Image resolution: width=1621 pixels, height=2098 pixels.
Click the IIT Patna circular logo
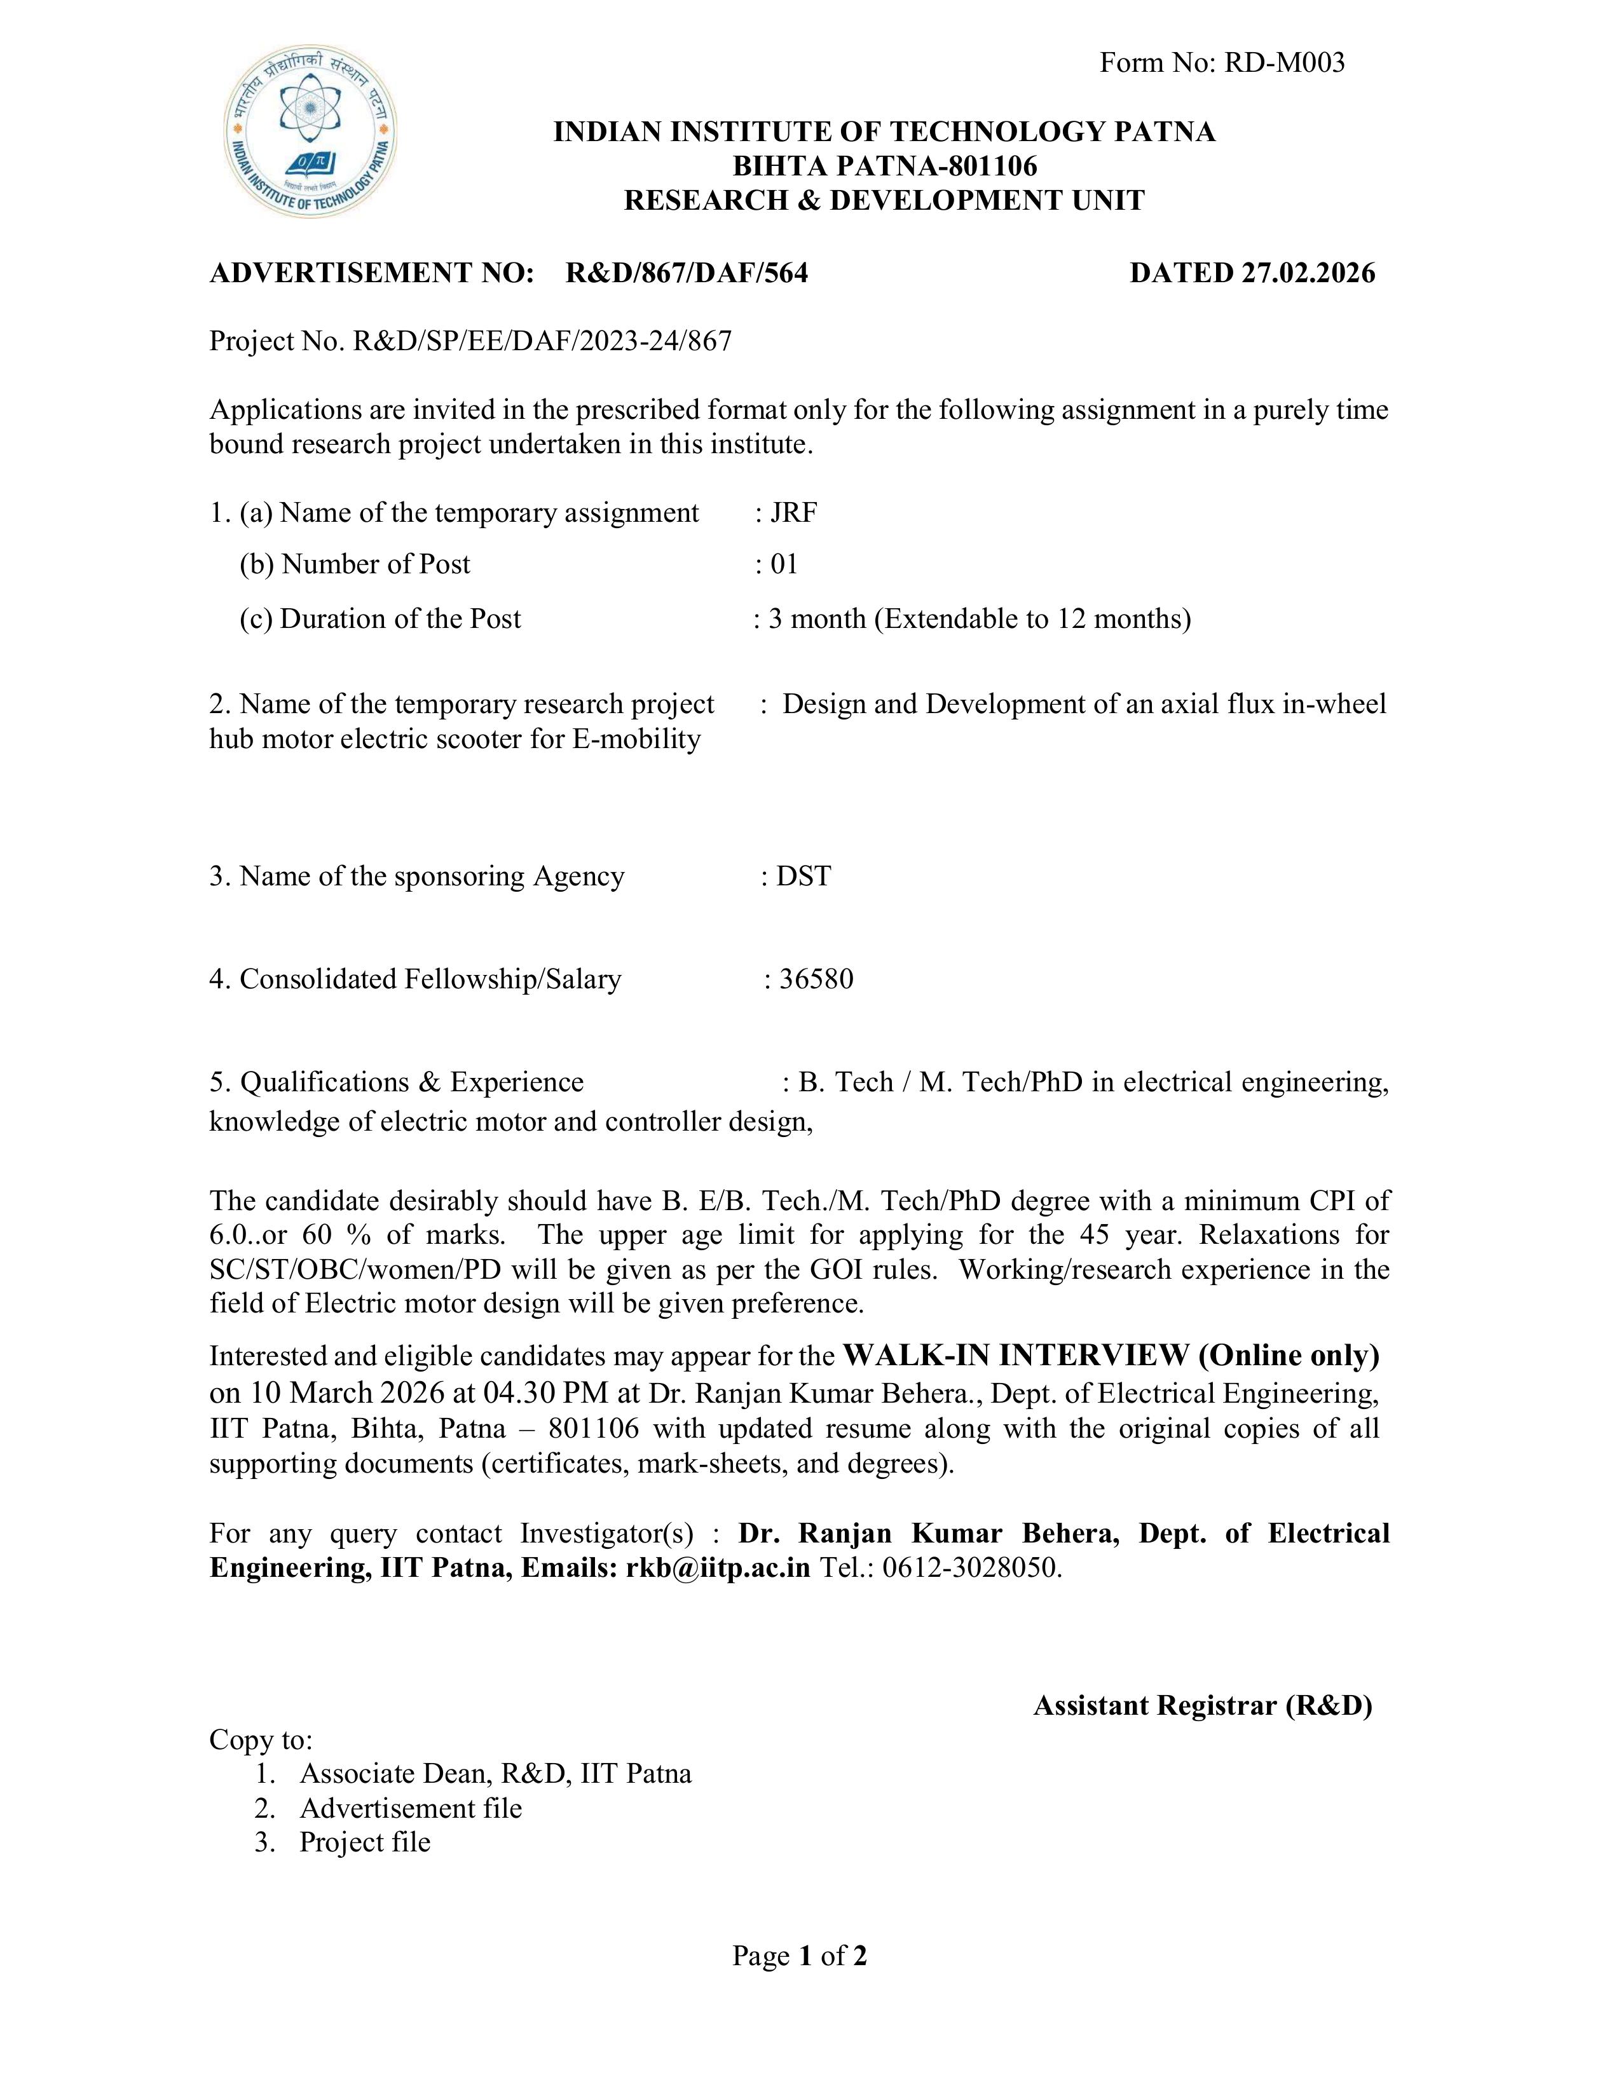pyautogui.click(x=310, y=132)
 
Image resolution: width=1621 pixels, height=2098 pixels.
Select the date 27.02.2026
pyautogui.click(x=1308, y=274)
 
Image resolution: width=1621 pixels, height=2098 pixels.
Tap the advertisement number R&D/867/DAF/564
pyautogui.click(x=687, y=274)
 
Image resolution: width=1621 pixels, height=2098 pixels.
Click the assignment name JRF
pyautogui.click(x=794, y=513)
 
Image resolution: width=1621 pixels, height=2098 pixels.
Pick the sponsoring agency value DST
pyautogui.click(x=804, y=876)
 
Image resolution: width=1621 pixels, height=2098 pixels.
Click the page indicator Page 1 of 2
pyautogui.click(x=800, y=1955)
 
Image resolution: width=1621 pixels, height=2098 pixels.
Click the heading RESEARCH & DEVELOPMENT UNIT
pyautogui.click(x=884, y=201)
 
